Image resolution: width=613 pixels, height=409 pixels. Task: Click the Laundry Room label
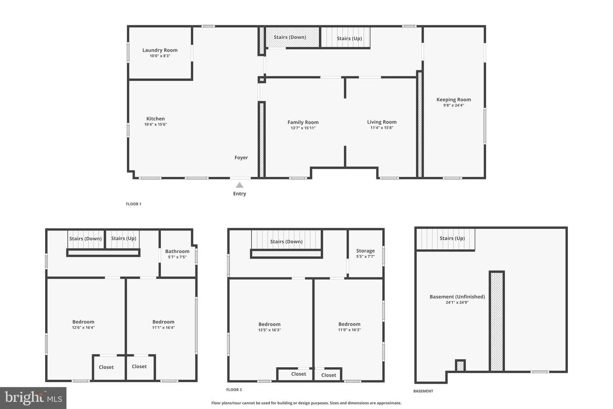[160, 50]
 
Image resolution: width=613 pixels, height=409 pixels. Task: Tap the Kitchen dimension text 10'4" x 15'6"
[155, 124]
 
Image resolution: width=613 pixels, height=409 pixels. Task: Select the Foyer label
[241, 158]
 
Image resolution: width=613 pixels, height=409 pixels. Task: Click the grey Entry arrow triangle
[239, 185]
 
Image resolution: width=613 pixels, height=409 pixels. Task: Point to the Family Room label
[303, 122]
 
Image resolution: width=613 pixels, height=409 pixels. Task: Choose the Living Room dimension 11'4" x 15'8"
[382, 128]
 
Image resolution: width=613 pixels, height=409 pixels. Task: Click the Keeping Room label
[453, 100]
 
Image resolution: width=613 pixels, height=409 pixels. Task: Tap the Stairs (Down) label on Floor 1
[290, 37]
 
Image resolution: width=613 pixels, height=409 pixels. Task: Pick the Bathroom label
[177, 251]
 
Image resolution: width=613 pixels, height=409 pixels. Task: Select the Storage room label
[365, 251]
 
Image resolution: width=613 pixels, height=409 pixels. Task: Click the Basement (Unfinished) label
[457, 297]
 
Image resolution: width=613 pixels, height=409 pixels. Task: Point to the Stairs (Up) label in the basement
[452, 238]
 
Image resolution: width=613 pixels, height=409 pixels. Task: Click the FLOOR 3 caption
[234, 389]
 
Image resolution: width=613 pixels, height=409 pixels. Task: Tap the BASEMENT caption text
[423, 391]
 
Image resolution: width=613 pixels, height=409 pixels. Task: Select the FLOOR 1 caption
[134, 204]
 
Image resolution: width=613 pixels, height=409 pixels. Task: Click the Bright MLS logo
[33, 398]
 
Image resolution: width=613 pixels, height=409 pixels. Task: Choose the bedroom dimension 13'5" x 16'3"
[269, 330]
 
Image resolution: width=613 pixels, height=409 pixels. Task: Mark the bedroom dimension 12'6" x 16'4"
[83, 327]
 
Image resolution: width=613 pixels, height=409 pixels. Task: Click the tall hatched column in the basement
[497, 321]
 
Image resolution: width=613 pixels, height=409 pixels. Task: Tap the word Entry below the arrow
[239, 194]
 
